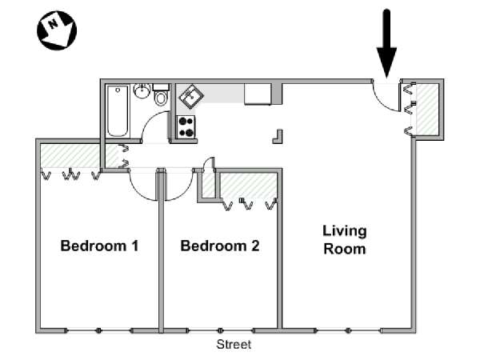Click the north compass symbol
[x=57, y=30]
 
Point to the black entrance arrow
[x=387, y=40]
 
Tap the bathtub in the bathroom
[x=118, y=111]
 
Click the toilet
[x=161, y=98]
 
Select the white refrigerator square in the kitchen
[x=258, y=93]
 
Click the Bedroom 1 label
[x=99, y=246]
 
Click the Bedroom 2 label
[x=219, y=246]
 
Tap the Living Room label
[x=344, y=240]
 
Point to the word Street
[x=234, y=345]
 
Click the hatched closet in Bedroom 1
[x=70, y=156]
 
